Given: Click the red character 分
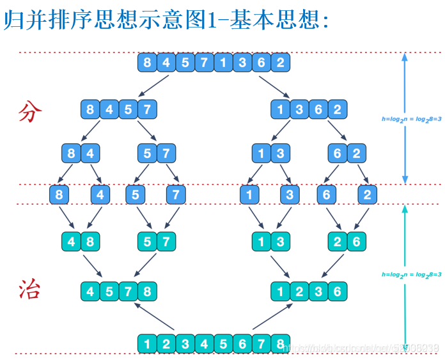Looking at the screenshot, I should pos(30,113).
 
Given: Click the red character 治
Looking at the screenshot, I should pos(30,290).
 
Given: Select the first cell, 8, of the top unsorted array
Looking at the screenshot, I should pos(148,63).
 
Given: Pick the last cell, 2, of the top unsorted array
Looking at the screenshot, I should pos(280,63).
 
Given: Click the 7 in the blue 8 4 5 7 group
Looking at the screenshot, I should pos(147,109).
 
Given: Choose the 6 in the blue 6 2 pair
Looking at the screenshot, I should pos(338,153).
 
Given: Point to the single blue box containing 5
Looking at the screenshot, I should pos(136,194).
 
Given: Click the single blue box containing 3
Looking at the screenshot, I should pos(290,194).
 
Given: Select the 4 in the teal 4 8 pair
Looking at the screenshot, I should pos(72,242).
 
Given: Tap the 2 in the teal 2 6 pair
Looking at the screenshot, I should pos(338,242).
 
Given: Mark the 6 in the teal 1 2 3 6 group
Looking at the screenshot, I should pos(338,292).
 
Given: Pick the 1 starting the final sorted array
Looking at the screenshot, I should pos(148,344).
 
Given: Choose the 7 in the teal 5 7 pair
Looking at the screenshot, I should pos(166,242).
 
